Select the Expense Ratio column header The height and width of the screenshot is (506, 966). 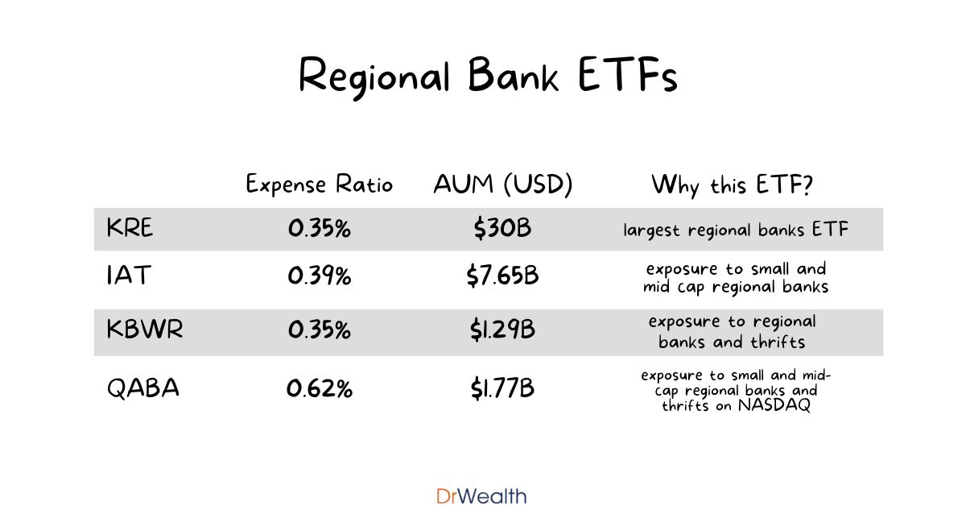pyautogui.click(x=319, y=185)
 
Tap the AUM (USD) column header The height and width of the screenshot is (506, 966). pyautogui.click(x=502, y=185)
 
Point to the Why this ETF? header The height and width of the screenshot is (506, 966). pyautogui.click(x=732, y=185)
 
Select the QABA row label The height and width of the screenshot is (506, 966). pyautogui.click(x=143, y=389)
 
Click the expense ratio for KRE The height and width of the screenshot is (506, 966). pyautogui.click(x=319, y=230)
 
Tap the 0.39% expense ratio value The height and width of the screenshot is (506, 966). pyautogui.click(x=319, y=276)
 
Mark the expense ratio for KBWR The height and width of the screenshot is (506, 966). pyautogui.click(x=319, y=331)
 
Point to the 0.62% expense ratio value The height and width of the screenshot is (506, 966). pyautogui.click(x=319, y=389)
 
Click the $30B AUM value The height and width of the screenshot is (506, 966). pyautogui.click(x=502, y=230)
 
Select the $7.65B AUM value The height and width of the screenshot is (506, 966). pyautogui.click(x=502, y=276)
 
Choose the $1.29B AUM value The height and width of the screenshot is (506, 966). pyautogui.click(x=502, y=331)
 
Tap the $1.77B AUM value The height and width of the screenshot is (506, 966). pyautogui.click(x=502, y=389)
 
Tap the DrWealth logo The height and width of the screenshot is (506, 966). pyautogui.click(x=481, y=496)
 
